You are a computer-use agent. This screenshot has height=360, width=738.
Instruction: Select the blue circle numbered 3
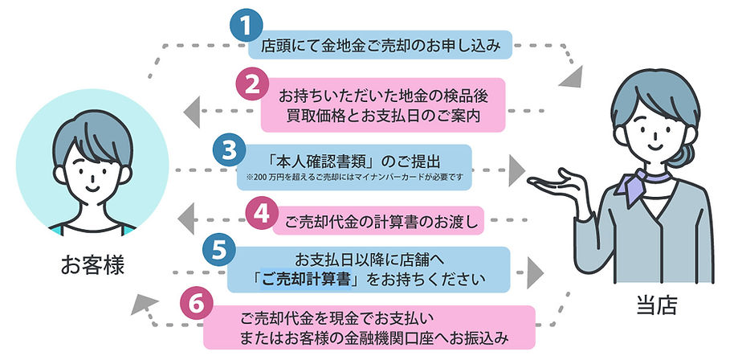click(x=230, y=150)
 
